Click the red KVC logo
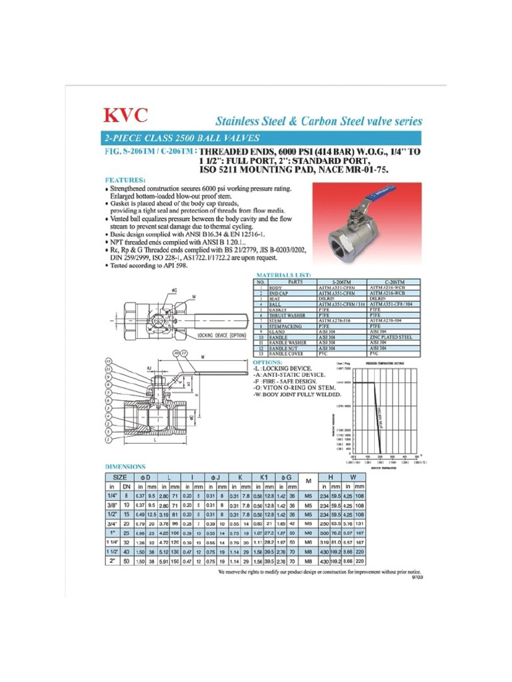point(125,116)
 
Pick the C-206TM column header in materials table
point(393,282)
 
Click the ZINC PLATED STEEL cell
point(393,337)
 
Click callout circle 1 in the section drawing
point(109,440)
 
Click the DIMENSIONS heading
point(125,467)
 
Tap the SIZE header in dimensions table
point(119,477)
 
